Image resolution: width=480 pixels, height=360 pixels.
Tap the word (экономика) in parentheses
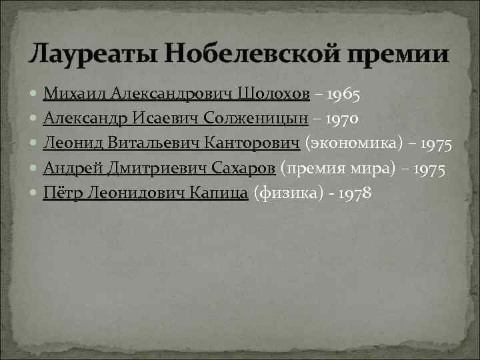click(350, 143)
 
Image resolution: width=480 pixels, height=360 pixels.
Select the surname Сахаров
click(241, 168)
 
